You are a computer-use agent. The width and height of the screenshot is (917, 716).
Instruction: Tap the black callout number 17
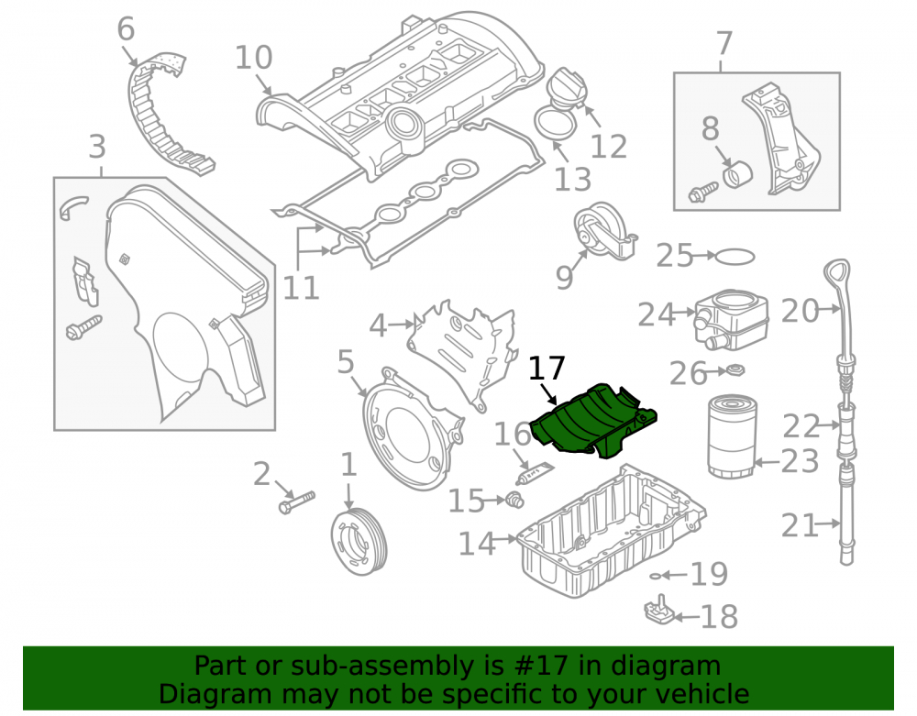click(x=547, y=369)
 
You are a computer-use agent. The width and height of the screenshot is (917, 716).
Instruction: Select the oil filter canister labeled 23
click(x=731, y=436)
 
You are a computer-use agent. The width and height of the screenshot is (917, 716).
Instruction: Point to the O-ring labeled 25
click(x=735, y=257)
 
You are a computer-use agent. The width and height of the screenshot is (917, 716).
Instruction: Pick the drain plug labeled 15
click(x=514, y=500)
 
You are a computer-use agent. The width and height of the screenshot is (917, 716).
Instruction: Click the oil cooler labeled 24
click(x=731, y=319)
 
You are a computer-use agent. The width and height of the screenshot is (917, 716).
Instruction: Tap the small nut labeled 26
click(x=735, y=370)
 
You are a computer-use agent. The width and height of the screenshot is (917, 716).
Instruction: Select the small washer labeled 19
click(x=656, y=577)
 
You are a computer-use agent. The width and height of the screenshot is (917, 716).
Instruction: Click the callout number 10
click(x=254, y=58)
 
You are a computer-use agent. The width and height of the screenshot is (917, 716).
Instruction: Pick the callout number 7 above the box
click(x=724, y=43)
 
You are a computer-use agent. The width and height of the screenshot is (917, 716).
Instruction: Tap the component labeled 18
click(x=660, y=609)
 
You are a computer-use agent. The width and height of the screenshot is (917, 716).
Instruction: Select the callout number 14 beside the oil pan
click(x=477, y=544)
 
